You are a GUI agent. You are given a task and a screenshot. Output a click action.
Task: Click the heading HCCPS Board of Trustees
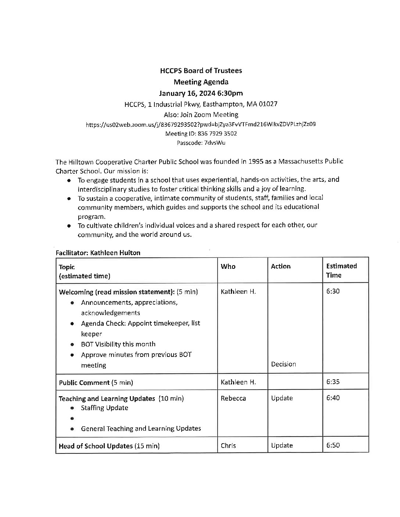201,70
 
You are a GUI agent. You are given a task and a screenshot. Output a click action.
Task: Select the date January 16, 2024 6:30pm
201,93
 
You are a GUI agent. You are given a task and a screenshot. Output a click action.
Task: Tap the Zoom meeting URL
201,124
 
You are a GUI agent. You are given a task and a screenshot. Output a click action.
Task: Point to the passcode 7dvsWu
215,143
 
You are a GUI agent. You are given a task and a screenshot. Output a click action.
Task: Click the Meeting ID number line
201,134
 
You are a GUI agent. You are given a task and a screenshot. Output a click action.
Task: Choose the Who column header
228,267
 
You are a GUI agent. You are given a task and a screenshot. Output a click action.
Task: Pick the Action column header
281,267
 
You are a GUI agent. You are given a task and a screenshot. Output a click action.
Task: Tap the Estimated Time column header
341,271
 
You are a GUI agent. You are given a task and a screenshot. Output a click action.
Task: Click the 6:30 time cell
333,291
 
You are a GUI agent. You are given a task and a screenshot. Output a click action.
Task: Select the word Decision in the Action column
283,364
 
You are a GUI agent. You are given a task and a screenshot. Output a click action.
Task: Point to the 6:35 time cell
333,382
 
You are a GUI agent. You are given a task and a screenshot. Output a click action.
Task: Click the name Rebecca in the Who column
233,398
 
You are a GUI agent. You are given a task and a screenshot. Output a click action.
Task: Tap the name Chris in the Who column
228,446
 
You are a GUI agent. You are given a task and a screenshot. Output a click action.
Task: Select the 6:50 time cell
333,445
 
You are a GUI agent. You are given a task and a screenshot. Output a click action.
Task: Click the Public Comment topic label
84,383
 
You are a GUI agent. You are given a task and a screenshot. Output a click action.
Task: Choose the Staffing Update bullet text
104,408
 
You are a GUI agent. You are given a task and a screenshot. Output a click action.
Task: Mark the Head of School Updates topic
96,446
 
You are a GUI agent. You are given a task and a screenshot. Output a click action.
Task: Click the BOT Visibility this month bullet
118,344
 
